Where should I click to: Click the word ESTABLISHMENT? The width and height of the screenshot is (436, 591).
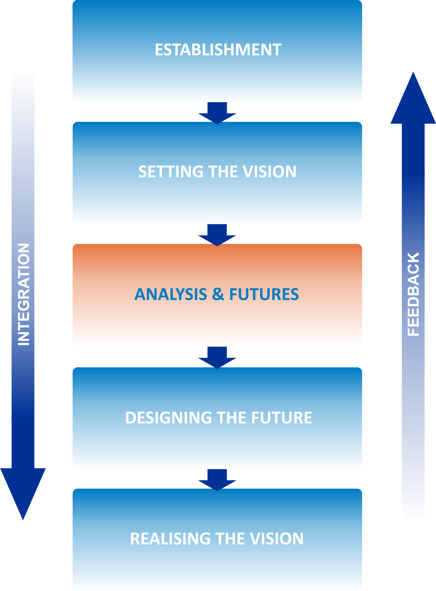tap(218, 50)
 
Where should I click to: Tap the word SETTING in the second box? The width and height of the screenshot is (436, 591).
tap(171, 171)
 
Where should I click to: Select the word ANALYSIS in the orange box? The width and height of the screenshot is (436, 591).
tap(170, 294)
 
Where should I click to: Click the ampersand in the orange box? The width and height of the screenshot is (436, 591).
tap(218, 294)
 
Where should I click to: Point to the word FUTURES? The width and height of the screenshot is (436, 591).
tap(264, 294)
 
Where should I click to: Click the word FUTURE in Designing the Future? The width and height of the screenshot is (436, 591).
tap(282, 418)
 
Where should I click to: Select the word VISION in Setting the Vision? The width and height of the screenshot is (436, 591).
tap(269, 171)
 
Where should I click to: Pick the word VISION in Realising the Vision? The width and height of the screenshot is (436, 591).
tap(277, 539)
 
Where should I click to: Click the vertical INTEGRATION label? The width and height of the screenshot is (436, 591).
tap(23, 294)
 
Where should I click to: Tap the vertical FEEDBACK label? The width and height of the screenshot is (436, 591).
tap(413, 294)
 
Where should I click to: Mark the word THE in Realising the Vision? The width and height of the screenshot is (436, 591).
tap(230, 539)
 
